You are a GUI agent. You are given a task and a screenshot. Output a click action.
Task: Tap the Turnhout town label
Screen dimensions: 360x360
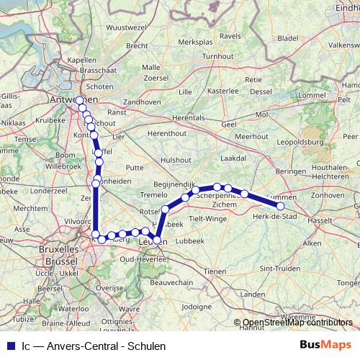pos(218,56)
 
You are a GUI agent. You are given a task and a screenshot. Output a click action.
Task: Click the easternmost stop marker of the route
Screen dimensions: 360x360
pos(281,207)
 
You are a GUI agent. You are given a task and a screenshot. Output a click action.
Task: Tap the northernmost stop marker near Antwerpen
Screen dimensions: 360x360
pos(78,100)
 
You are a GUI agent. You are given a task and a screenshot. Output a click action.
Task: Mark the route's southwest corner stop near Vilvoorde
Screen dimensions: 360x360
pos(96,234)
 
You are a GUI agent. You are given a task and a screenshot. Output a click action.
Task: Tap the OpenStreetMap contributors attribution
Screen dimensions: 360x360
pos(297,323)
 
